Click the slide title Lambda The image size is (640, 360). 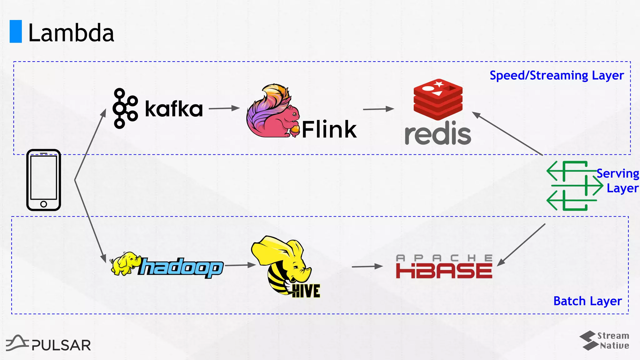click(71, 33)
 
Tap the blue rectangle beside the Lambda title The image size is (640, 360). click(16, 31)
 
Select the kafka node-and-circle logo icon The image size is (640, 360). click(125, 108)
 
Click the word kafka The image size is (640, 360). click(174, 109)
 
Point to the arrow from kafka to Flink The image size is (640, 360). click(224, 108)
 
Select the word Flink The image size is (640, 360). click(329, 129)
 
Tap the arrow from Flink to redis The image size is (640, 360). click(378, 109)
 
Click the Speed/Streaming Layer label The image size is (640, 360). click(557, 76)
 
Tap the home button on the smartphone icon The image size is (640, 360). click(44, 204)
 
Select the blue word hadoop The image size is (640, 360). click(181, 268)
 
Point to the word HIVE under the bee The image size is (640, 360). click(306, 291)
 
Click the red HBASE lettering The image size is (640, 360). click(444, 271)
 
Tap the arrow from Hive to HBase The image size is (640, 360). click(367, 267)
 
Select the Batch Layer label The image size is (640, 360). click(587, 301)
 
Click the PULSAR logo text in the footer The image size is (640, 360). click(61, 345)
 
